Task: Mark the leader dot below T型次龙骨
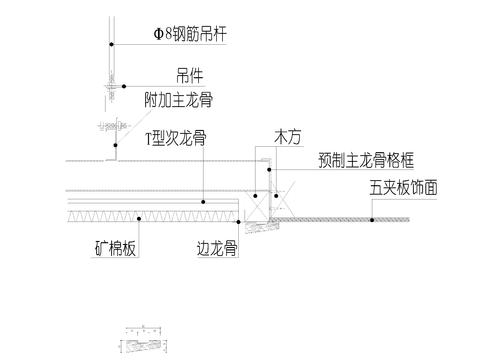[x=203, y=202]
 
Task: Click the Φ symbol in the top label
[x=158, y=34]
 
